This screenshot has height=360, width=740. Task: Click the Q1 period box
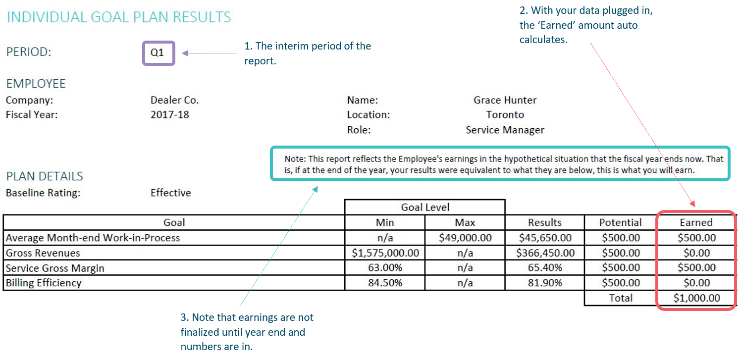159,53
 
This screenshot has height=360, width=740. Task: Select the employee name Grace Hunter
505,100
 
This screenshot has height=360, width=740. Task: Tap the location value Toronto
505,115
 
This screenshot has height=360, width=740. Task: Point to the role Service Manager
505,130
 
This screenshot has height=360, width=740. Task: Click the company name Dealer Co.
174,100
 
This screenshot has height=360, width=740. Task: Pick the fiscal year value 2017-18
169,115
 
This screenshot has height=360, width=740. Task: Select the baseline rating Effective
170,193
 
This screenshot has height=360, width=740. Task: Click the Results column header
545,222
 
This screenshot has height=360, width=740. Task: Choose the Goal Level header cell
425,207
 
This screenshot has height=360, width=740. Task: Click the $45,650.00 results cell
545,238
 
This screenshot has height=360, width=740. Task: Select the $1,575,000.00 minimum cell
385,253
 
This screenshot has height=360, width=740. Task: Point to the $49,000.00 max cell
465,238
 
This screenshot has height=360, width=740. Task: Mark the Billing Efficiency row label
44,283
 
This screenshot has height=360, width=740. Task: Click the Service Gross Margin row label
55,268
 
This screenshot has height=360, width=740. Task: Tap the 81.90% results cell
545,283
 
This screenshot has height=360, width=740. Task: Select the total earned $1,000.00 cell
696,298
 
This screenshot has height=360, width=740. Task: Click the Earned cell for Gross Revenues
696,253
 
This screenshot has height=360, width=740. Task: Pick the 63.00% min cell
385,268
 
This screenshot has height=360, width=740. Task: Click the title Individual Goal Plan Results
118,17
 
